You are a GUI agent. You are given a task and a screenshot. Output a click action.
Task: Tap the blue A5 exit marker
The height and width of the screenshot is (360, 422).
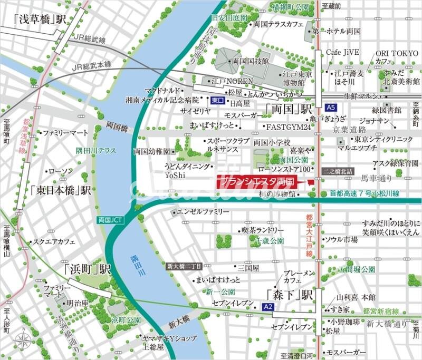[330, 107]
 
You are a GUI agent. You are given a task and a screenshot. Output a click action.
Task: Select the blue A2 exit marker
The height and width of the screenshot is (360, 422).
[268, 306]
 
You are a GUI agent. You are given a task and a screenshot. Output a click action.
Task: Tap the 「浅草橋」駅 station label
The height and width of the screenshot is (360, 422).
[39, 21]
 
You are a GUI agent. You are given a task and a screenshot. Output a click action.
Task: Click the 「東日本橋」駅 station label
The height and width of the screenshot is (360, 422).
[61, 190]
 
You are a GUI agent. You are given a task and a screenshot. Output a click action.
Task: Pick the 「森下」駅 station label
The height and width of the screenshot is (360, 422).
[290, 294]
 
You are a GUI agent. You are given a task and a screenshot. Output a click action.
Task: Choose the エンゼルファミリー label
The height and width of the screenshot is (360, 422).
[203, 212]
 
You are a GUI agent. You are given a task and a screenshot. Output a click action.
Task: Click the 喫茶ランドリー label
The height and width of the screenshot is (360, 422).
[263, 231]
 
